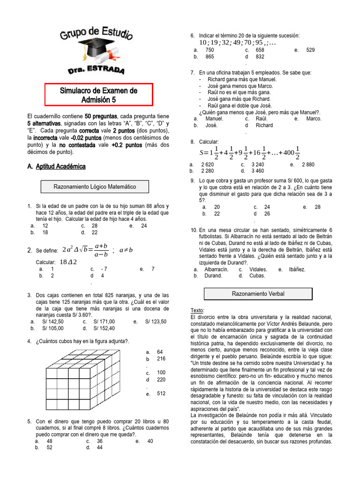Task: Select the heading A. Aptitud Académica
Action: (x=56, y=166)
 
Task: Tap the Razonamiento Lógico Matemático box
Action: (x=95, y=187)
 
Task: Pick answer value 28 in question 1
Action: (x=95, y=225)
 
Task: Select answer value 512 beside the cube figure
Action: (x=161, y=394)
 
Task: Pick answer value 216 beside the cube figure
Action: (x=161, y=359)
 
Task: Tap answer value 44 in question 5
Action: (x=100, y=448)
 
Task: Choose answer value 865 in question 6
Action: (x=210, y=57)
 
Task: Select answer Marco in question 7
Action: (x=314, y=119)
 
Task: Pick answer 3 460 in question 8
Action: (x=257, y=171)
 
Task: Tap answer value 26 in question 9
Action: (x=267, y=214)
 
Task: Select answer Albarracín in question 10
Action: (x=216, y=270)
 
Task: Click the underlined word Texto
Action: (x=197, y=311)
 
